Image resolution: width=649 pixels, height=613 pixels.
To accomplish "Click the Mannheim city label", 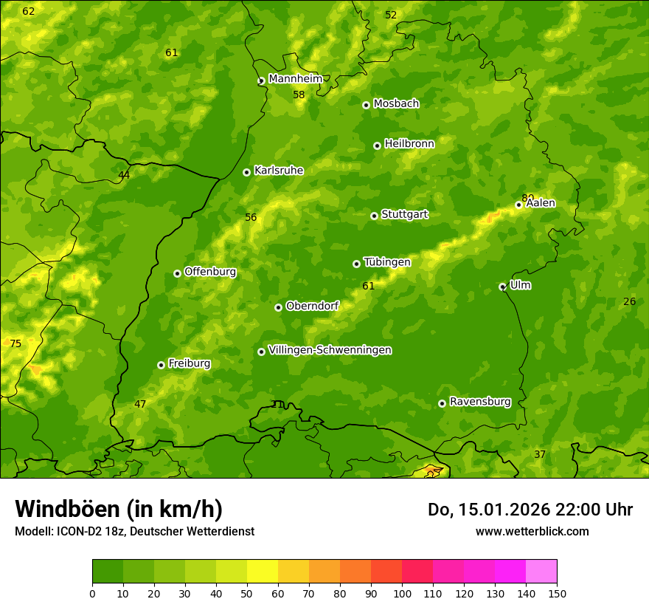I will point(296,79).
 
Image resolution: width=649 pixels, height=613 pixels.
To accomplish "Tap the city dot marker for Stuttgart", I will point(374,216).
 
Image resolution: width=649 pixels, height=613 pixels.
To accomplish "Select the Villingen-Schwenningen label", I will point(330,350).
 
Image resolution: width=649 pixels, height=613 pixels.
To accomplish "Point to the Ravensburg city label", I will point(480,402).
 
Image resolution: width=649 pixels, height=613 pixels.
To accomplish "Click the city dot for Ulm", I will point(502,287).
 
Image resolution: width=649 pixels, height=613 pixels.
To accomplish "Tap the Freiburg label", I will point(189,363).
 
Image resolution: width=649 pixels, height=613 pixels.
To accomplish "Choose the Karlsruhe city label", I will point(279,171).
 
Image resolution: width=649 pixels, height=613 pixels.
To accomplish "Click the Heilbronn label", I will point(409,144).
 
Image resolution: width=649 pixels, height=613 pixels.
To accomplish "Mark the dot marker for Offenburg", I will point(177,273).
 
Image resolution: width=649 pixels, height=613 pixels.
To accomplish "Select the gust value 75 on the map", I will point(15,343).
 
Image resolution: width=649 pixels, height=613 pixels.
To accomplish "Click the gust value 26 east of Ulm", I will point(629,301).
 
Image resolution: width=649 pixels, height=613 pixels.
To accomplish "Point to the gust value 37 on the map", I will point(540,454).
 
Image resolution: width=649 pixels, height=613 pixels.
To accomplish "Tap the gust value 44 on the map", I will point(124,175).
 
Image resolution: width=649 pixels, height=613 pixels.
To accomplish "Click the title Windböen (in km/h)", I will point(119,509).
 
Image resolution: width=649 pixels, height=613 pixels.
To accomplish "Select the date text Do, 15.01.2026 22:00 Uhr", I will point(530,510).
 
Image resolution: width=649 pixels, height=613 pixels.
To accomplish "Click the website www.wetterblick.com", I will point(532,531).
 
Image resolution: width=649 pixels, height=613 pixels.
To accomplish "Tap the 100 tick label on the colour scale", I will point(402,593).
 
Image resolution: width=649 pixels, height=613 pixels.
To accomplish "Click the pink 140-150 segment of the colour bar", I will point(541,571).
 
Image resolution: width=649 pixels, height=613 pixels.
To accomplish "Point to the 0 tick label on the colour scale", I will point(92,593).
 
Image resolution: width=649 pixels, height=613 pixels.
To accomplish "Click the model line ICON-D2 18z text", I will point(134,531).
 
